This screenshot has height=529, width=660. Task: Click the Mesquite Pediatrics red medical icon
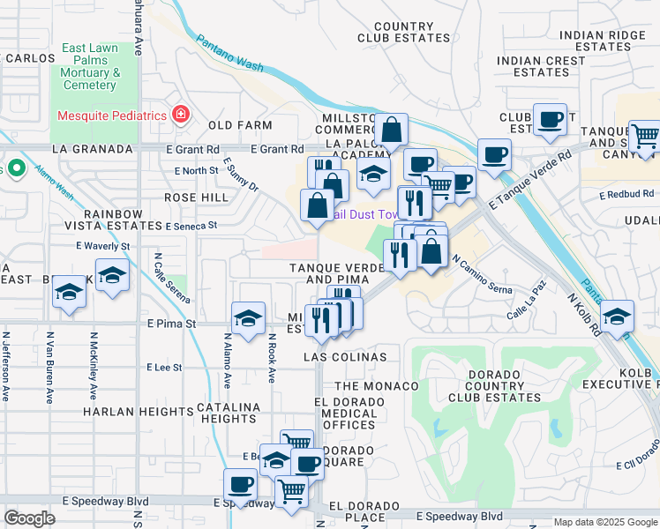click(x=181, y=115)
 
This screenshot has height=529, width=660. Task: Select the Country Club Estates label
click(x=404, y=33)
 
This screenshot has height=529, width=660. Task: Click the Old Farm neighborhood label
click(x=233, y=126)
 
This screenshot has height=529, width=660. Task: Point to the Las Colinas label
click(x=345, y=357)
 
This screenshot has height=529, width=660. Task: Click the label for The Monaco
click(x=377, y=386)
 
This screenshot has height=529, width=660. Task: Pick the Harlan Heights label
click(x=126, y=412)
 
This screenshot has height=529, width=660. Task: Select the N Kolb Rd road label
click(x=583, y=315)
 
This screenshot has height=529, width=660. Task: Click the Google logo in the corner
click(x=29, y=518)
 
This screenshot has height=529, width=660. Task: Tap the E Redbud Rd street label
click(x=626, y=193)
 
